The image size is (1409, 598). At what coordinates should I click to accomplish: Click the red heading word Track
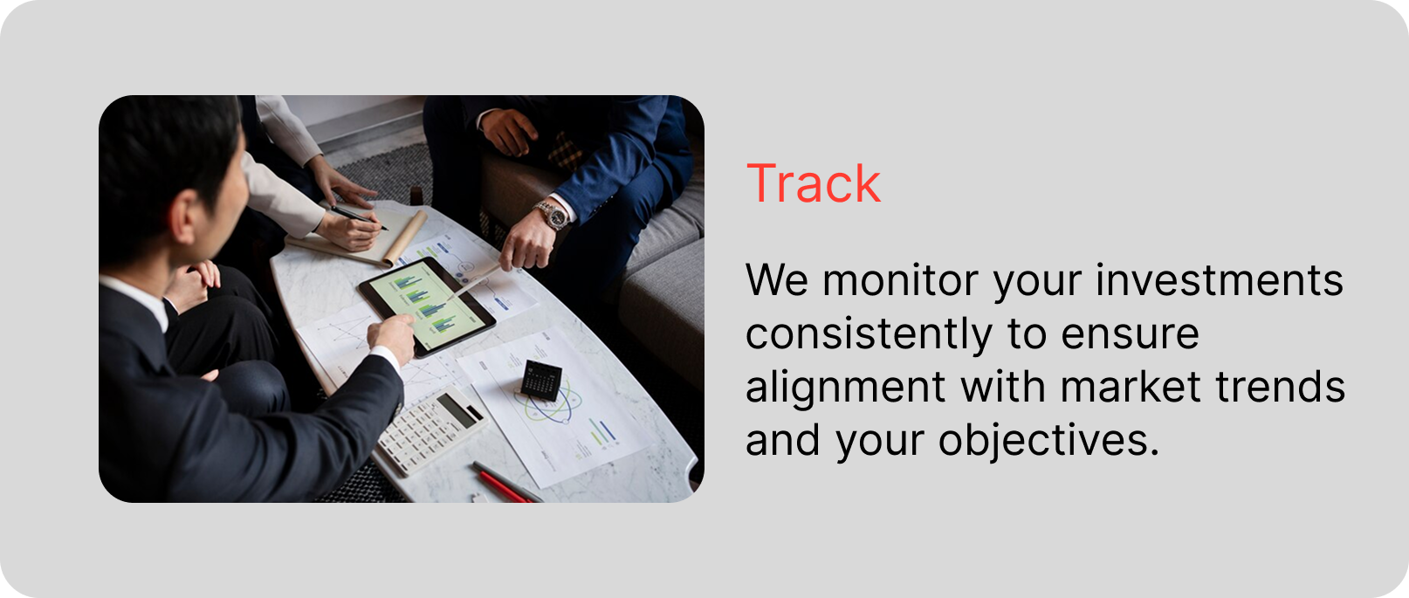tap(813, 183)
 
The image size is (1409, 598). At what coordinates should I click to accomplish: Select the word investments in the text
tap(1220, 280)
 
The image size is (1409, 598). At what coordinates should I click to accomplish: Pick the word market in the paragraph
tap(1131, 387)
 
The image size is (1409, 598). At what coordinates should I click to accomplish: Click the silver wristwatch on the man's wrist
tap(553, 215)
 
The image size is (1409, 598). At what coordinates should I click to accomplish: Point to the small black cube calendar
tap(541, 380)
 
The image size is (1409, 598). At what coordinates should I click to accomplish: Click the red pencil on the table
tap(503, 487)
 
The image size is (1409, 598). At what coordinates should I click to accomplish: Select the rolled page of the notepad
tap(405, 237)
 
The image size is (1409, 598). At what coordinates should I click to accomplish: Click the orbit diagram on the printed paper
tap(549, 403)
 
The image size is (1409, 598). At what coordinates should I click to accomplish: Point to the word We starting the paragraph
tap(777, 280)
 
